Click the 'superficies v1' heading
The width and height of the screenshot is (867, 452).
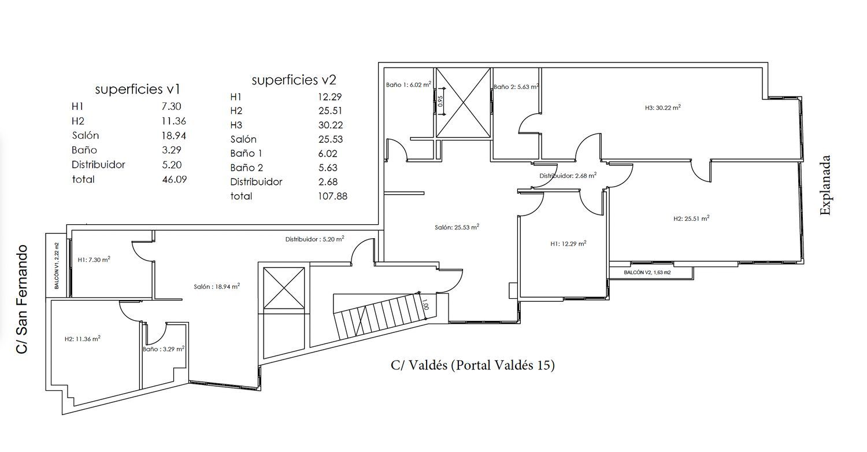tap(138, 90)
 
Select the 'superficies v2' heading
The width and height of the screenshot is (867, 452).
tap(294, 80)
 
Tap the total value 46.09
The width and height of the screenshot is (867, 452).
tap(174, 180)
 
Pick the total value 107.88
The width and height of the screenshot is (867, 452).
tap(332, 196)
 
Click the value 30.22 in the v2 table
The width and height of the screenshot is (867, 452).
tap(331, 125)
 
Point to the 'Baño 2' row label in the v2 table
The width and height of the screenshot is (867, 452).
tap(247, 168)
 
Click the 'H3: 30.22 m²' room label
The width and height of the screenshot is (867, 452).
tap(662, 108)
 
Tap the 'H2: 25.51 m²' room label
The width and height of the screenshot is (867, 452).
tap(691, 218)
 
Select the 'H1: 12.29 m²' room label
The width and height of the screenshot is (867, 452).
tap(568, 243)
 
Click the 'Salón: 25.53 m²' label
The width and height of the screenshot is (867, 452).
tap(457, 227)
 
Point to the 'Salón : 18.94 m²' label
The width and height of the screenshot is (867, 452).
tap(217, 286)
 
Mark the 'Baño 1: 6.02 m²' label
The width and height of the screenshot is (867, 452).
tap(408, 84)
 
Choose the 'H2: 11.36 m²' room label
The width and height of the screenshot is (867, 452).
tap(83, 339)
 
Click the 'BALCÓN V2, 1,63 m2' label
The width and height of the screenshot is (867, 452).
tap(647, 272)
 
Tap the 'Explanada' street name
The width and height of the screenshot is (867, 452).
tap(825, 185)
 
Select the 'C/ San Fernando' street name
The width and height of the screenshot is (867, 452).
tap(22, 299)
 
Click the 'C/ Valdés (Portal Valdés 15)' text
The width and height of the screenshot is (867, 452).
tap(473, 365)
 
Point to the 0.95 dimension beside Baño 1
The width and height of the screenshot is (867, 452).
tap(440, 101)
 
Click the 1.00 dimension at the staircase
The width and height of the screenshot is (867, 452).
tap(425, 305)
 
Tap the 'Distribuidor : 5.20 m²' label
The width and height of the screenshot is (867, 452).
tap(314, 239)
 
